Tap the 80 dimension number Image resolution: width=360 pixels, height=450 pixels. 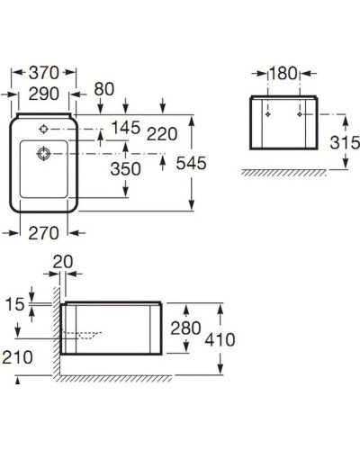point(103,89)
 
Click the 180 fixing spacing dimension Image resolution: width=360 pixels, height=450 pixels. point(284,73)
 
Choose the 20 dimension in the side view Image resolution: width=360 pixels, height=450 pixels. point(62,260)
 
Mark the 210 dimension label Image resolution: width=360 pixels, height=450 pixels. point(16,357)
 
